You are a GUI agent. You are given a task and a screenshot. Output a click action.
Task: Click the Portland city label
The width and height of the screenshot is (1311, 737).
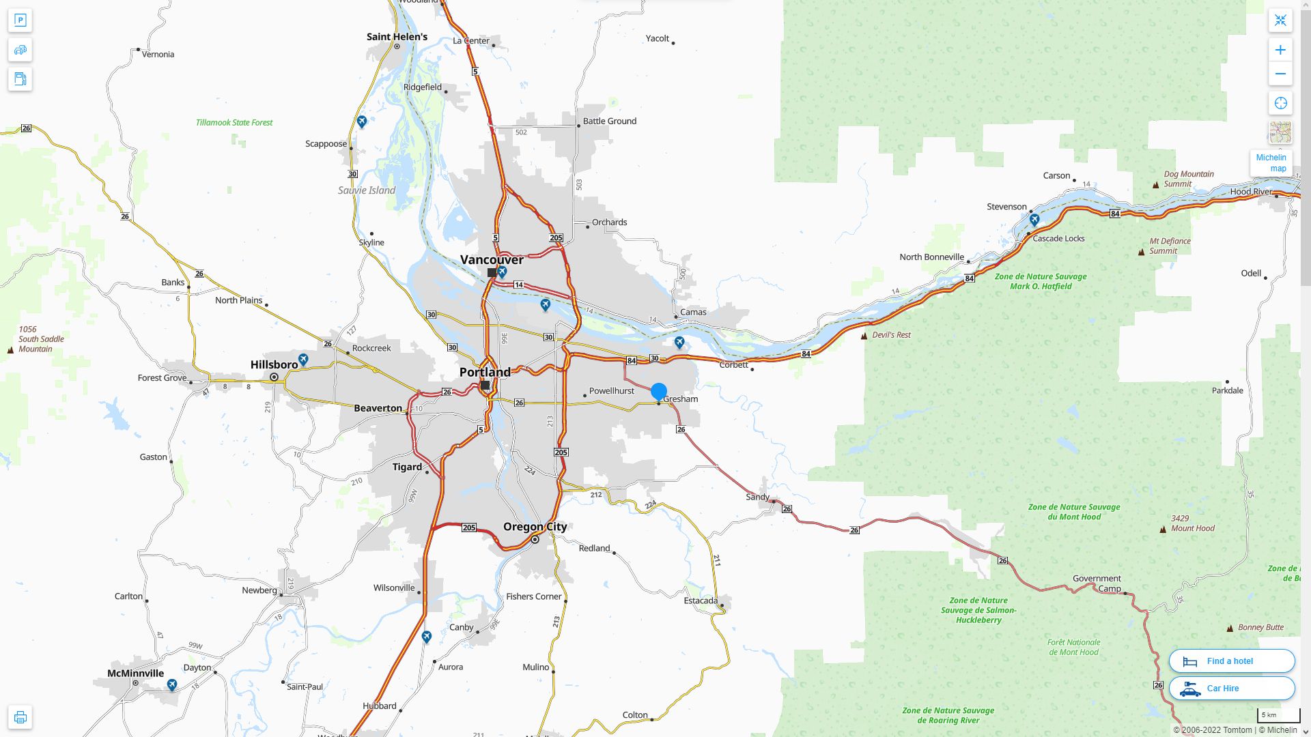[485, 373]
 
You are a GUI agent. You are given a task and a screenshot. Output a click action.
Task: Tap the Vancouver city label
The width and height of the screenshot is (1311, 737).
[492, 260]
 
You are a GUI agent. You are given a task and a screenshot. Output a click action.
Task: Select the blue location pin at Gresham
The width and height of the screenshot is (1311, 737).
[659, 392]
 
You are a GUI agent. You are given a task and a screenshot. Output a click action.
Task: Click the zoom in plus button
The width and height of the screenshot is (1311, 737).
[1280, 50]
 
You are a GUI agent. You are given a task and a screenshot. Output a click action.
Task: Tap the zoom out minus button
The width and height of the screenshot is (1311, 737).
[1280, 74]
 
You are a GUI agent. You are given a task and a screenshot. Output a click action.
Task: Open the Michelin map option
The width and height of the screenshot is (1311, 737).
[1271, 163]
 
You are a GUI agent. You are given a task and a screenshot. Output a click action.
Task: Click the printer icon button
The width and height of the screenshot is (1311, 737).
[20, 717]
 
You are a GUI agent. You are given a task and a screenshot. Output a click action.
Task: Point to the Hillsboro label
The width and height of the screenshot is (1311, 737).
[274, 365]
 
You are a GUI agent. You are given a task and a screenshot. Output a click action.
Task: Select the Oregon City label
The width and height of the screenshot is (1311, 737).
[535, 527]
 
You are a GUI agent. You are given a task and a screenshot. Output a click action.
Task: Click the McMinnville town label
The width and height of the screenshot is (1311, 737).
[135, 674]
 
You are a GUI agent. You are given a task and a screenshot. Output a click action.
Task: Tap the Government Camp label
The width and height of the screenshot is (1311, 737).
[1097, 583]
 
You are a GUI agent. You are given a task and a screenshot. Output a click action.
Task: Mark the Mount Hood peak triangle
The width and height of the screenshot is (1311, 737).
[1164, 530]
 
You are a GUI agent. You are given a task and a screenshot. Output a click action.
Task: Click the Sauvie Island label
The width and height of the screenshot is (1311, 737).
[367, 190]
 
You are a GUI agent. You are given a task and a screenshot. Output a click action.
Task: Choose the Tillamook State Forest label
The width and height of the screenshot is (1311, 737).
[234, 123]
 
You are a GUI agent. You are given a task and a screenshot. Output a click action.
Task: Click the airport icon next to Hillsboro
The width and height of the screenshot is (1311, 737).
[304, 359]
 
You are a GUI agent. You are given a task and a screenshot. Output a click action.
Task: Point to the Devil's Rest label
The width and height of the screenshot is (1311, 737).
[891, 335]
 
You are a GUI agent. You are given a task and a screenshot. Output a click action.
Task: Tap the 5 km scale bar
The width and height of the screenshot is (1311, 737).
[1278, 716]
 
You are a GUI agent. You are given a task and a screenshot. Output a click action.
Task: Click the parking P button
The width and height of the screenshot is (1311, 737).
[20, 20]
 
